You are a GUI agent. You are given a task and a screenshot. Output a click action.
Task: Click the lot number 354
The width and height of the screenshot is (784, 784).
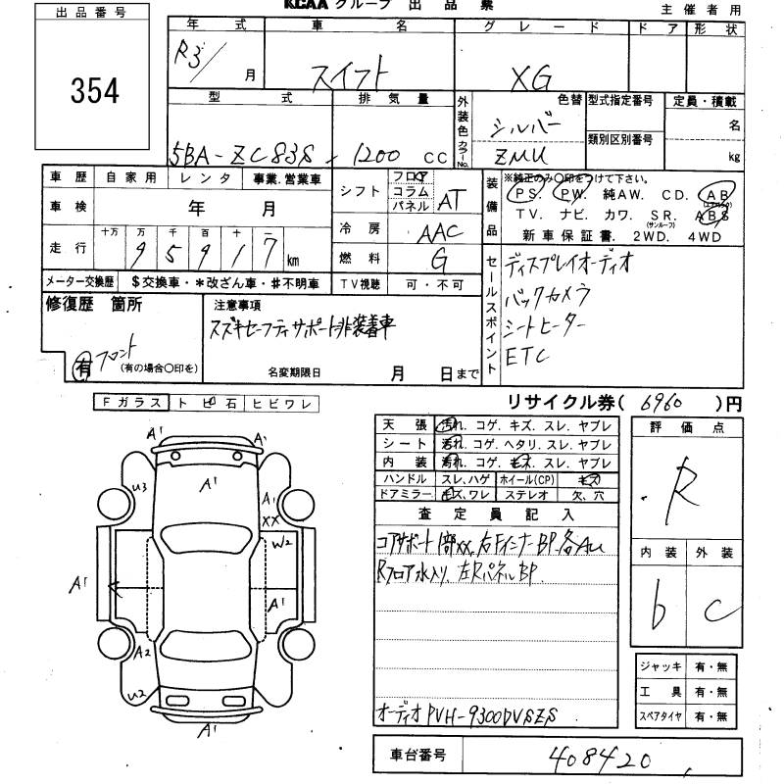click(x=95, y=90)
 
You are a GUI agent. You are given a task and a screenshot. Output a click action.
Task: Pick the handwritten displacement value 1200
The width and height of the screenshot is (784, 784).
click(x=368, y=154)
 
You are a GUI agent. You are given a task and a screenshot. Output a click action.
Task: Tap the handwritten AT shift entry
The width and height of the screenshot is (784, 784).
click(x=449, y=201)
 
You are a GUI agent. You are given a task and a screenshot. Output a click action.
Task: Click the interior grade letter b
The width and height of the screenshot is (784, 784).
click(x=661, y=614)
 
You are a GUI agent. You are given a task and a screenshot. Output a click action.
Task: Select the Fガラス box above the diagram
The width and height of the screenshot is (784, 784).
click(x=132, y=402)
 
